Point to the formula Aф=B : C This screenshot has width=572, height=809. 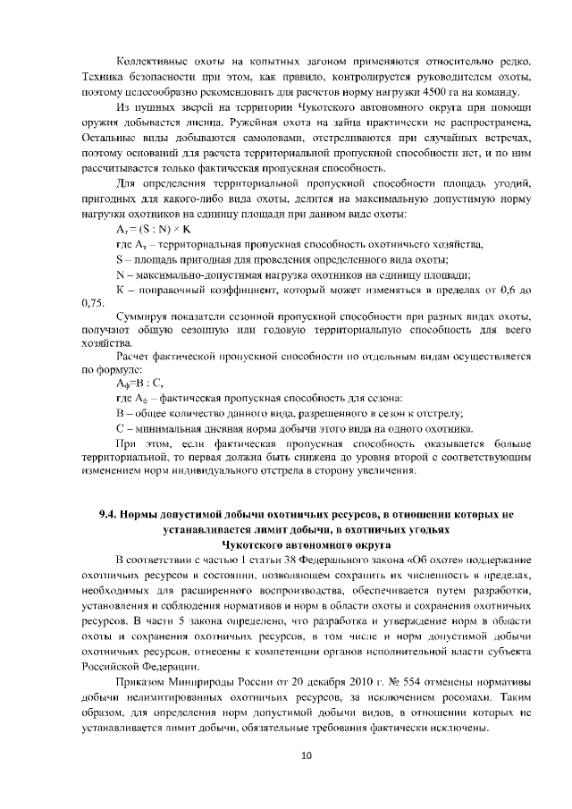coord(139,382)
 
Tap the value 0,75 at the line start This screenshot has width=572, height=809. coord(92,303)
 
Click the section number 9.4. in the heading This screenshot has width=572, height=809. coord(109,515)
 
